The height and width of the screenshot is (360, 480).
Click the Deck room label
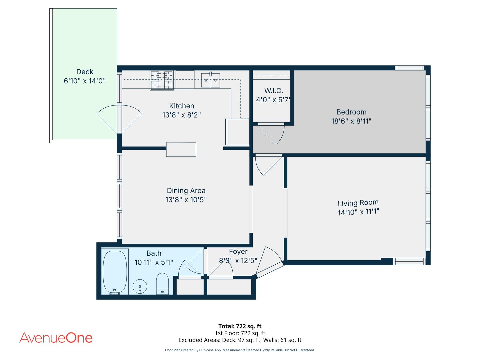coord(85,72)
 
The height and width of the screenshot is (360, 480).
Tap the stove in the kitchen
coord(162,80)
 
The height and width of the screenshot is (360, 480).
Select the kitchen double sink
coord(210,80)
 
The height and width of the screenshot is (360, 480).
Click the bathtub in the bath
coord(115,272)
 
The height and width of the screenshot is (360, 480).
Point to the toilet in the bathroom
coord(162,283)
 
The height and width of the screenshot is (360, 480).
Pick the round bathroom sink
coord(140,286)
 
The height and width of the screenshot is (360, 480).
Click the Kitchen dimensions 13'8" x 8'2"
coord(182,115)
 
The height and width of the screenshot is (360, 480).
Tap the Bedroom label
coord(351,112)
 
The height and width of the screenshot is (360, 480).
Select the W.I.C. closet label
coord(274,90)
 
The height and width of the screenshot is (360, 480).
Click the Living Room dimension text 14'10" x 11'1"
coord(358,212)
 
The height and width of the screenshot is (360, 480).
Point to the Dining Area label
coord(186,191)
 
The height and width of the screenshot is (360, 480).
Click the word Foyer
coord(238,252)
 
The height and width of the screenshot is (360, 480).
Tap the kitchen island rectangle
coord(181,150)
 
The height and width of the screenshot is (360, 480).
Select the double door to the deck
coord(119,119)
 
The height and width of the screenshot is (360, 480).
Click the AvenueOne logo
coord(56,338)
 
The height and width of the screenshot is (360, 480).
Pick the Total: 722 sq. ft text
coord(240,326)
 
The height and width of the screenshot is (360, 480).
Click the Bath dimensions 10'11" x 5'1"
coord(154,262)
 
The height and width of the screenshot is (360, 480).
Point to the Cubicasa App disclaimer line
coord(240,350)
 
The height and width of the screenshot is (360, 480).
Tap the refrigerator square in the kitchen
coord(237,132)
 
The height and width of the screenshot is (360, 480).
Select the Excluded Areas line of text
coord(240,340)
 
